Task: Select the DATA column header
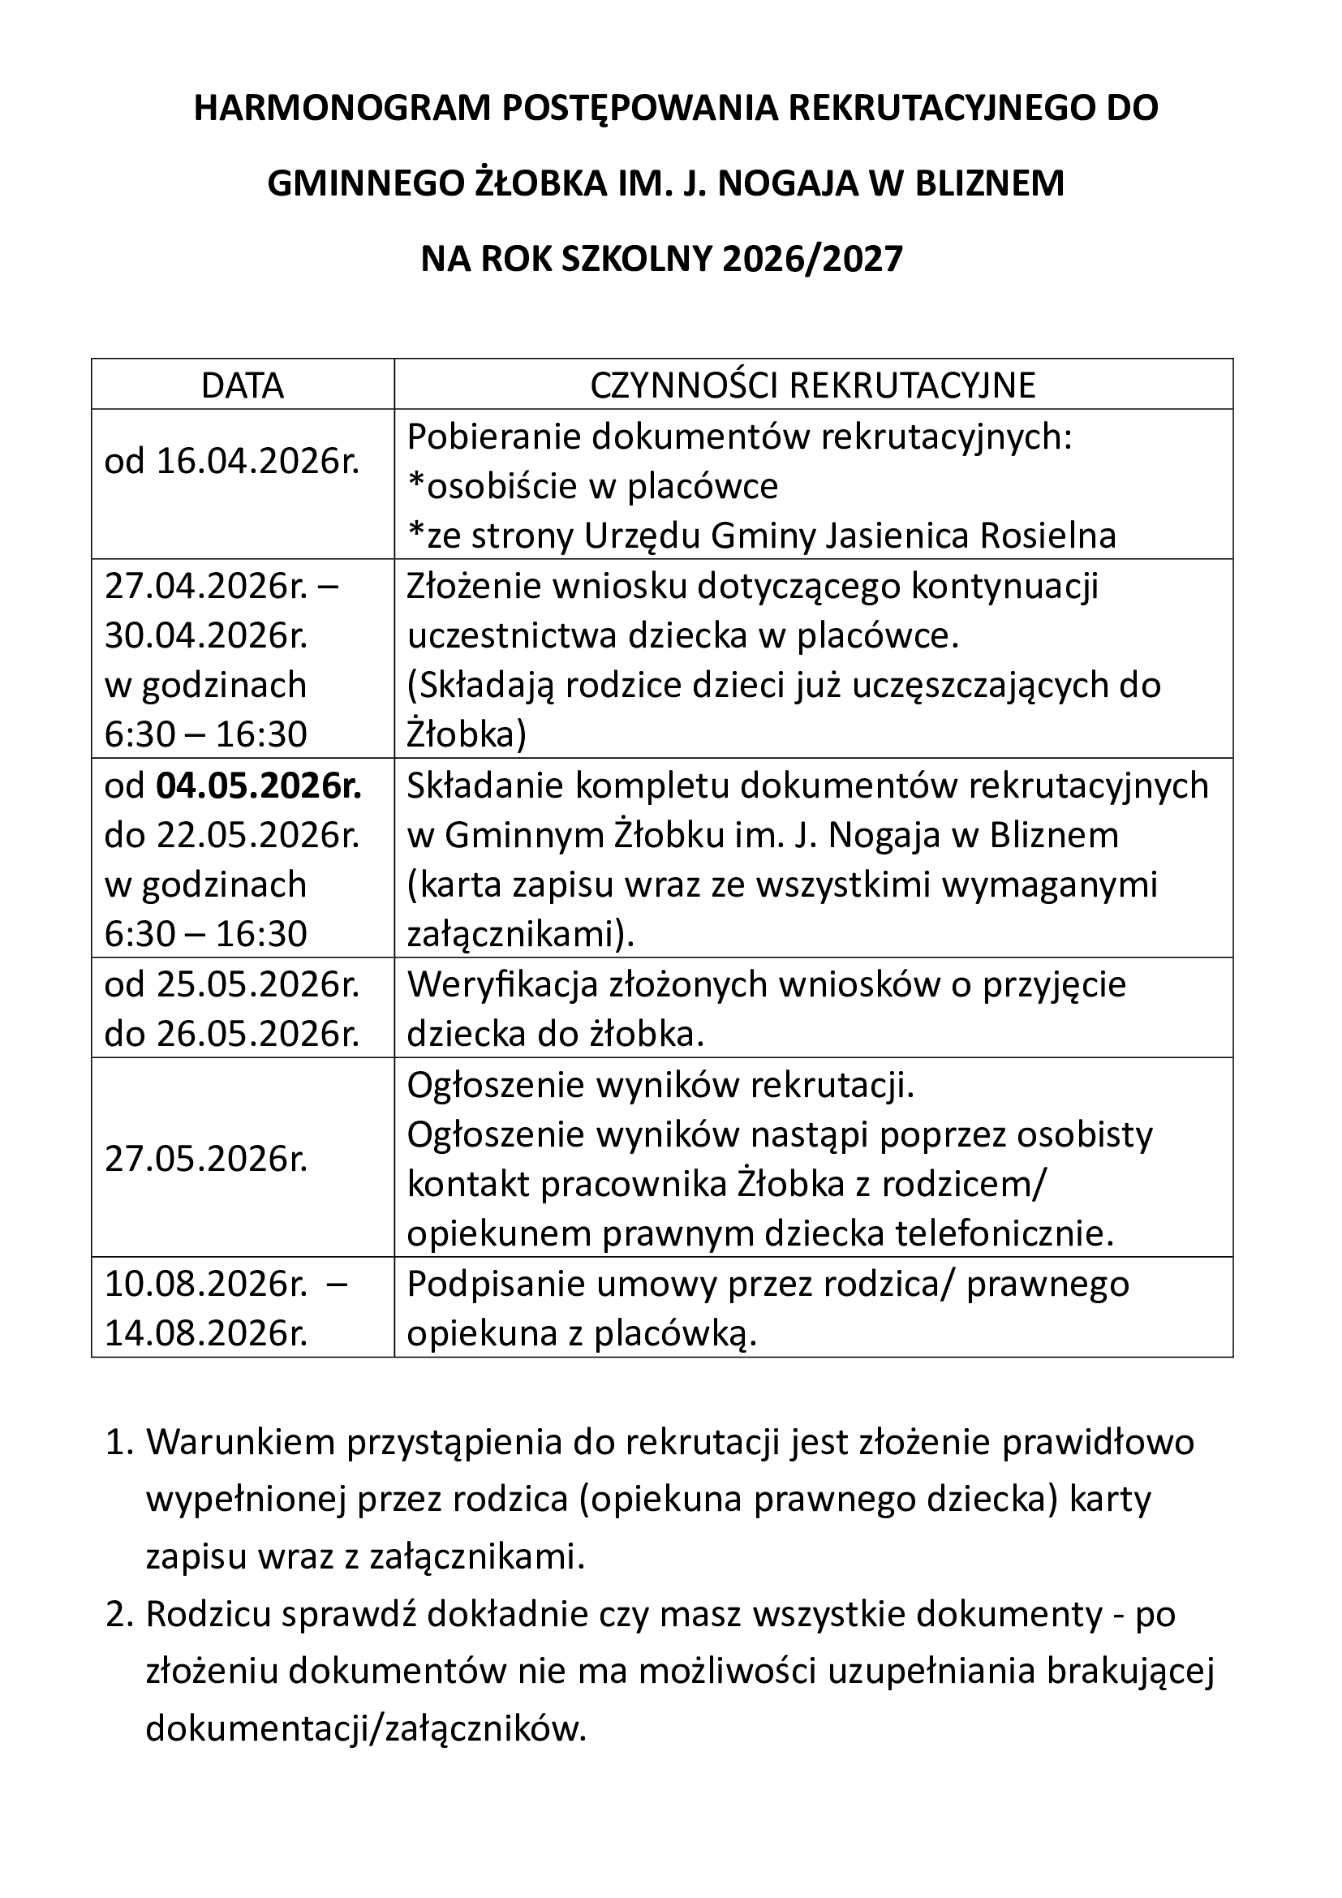(242, 386)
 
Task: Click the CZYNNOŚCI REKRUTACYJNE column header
(812, 386)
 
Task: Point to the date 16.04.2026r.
(258, 461)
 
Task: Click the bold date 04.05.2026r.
(259, 786)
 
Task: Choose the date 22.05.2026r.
(258, 836)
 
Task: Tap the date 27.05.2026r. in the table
(206, 1160)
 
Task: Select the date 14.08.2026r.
(206, 1333)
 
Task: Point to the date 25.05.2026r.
(258, 984)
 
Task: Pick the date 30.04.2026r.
(206, 635)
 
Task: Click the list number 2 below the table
(119, 1615)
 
